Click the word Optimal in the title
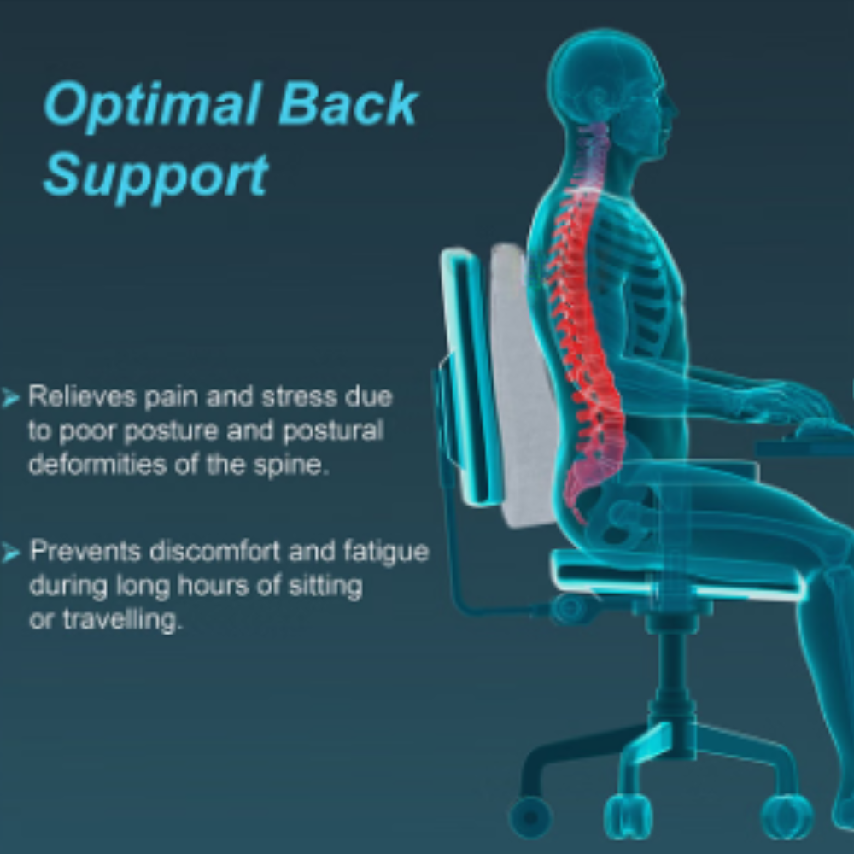[x=151, y=105]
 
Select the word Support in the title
[x=155, y=175]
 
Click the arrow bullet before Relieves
[x=11, y=398]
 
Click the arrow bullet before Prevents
[x=11, y=553]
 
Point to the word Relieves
[x=82, y=396]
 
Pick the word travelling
[x=121, y=620]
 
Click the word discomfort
[x=214, y=551]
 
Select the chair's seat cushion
[x=676, y=575]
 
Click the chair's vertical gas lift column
[x=672, y=676]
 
